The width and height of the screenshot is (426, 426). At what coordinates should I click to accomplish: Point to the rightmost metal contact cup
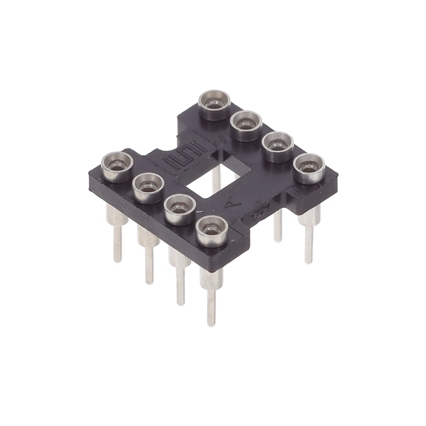[309, 166]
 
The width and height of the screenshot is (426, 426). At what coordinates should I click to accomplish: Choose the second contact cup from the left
[148, 186]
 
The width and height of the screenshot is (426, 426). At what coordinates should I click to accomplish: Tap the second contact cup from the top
[246, 125]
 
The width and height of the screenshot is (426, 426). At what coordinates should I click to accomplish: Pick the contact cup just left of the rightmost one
[277, 146]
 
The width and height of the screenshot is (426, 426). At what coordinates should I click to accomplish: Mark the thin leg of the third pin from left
[179, 286]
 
